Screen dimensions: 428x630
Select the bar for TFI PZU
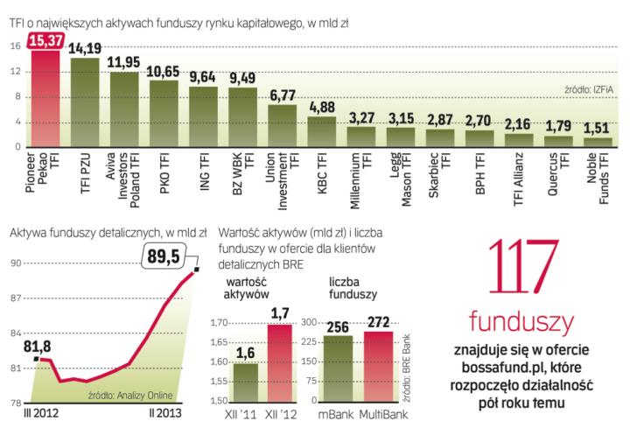click(x=84, y=102)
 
